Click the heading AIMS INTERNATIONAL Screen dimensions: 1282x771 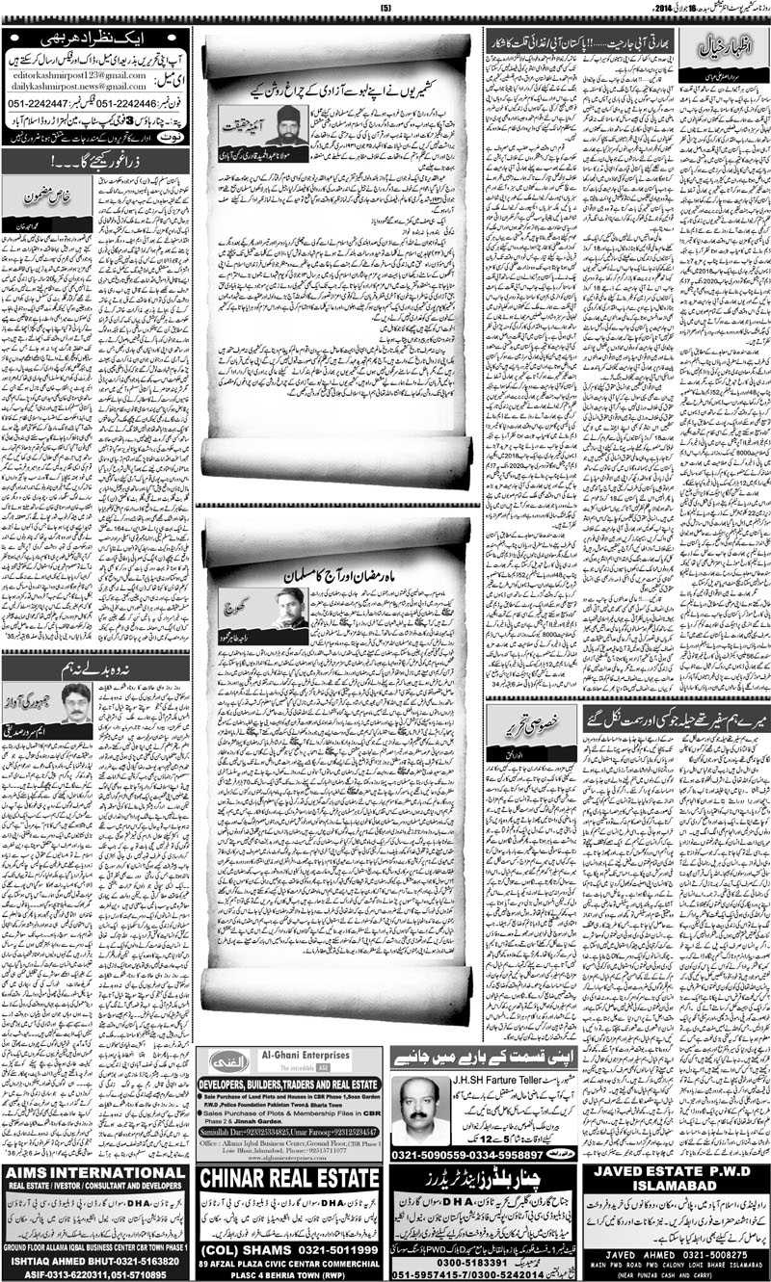[x=94, y=1173]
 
